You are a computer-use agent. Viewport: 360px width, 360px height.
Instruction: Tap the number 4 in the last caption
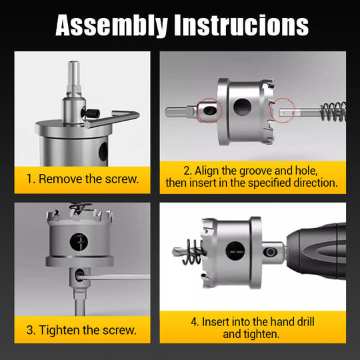click(x=194, y=322)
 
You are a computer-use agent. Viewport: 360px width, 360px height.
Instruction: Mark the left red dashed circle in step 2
click(x=209, y=109)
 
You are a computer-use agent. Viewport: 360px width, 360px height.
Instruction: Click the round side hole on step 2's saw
click(x=241, y=106)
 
